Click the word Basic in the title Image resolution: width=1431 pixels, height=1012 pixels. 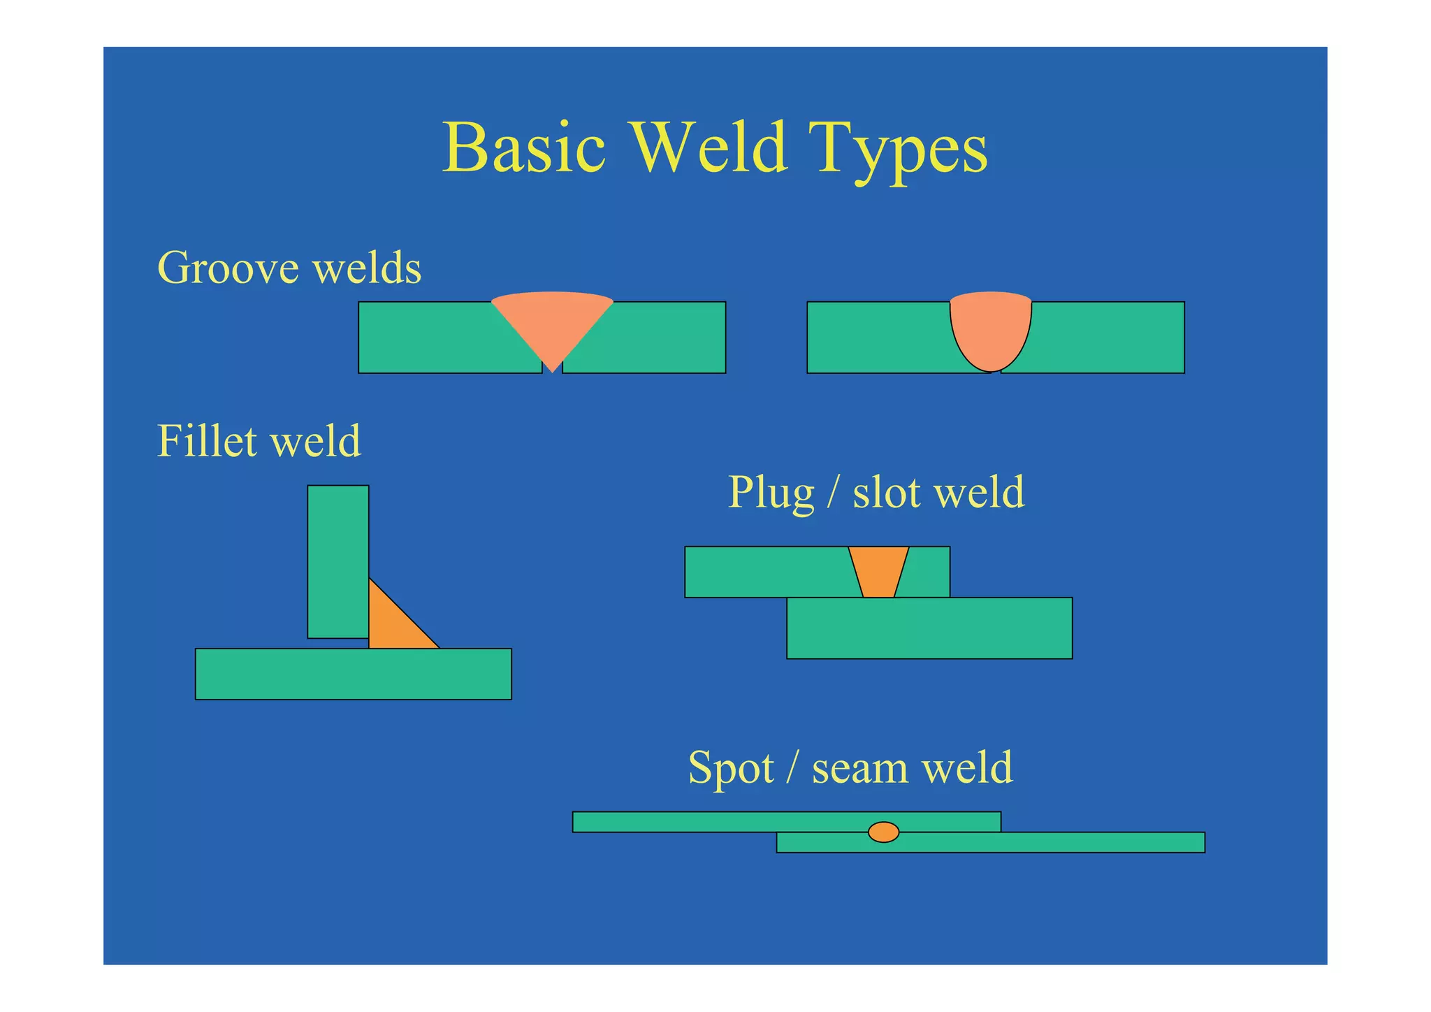524,148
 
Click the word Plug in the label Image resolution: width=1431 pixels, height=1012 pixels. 771,493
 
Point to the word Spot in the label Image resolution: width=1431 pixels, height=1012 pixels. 731,767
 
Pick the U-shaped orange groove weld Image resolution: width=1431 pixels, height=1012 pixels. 990,328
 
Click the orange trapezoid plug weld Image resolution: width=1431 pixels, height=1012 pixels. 878,570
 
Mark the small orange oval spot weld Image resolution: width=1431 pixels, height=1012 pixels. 883,832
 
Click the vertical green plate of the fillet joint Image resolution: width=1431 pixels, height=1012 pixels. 337,559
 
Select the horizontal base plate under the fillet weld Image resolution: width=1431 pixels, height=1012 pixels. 353,674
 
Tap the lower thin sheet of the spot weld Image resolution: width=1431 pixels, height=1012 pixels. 1048,842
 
